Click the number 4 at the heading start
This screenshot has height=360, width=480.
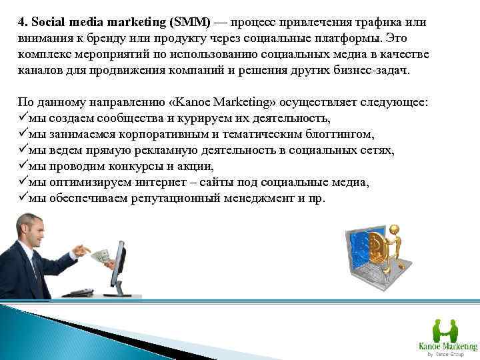point(21,22)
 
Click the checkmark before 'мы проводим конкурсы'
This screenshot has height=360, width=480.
point(23,167)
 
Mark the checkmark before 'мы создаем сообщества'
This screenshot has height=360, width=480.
point(23,119)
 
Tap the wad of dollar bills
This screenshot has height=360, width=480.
point(99,255)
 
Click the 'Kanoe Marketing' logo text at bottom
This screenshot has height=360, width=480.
point(447,346)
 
